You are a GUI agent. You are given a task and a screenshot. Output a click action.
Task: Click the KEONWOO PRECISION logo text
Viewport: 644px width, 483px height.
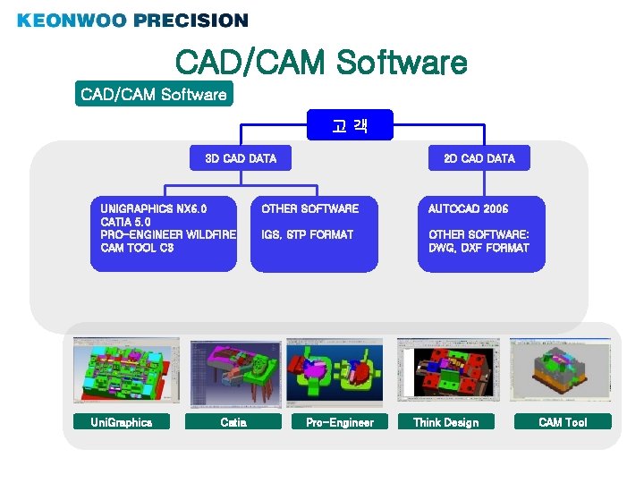tap(132, 20)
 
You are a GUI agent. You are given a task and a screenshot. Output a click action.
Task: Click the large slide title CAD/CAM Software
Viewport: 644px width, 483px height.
tap(321, 63)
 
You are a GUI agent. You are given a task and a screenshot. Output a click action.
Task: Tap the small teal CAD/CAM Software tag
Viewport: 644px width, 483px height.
tap(154, 94)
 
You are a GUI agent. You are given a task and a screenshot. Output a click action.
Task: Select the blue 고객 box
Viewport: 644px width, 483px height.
tap(350, 127)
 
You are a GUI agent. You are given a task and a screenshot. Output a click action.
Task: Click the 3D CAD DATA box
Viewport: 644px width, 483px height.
tap(241, 158)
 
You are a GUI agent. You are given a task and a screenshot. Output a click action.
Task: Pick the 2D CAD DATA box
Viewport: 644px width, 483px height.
tap(479, 158)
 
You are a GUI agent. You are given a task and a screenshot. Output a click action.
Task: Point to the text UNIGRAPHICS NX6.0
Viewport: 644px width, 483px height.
tap(154, 208)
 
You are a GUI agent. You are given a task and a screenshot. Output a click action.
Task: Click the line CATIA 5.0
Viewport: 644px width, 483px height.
tap(126, 222)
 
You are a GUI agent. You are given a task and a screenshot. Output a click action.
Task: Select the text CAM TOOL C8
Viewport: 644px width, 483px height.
tap(137, 248)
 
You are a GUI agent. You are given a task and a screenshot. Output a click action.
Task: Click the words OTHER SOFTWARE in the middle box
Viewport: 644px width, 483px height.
tap(309, 208)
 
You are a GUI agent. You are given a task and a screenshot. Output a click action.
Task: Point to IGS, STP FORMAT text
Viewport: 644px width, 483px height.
tap(307, 234)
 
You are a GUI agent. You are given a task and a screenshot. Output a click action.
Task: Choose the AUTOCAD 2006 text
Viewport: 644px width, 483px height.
tap(468, 208)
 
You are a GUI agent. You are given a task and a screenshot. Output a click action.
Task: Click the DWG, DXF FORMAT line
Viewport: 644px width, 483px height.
tap(479, 248)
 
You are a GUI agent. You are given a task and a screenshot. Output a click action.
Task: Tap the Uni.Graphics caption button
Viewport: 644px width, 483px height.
tap(122, 422)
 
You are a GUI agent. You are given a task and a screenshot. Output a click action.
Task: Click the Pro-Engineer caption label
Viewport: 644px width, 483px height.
tap(340, 422)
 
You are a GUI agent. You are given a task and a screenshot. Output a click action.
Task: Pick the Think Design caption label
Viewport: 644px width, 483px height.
tap(445, 422)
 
